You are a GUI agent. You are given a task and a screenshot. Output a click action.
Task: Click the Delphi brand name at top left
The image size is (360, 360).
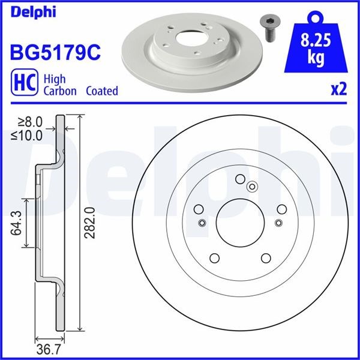33,12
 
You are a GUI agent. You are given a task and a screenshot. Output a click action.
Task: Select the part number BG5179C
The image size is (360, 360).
55,52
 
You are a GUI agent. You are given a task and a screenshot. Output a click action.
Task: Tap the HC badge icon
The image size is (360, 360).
25,82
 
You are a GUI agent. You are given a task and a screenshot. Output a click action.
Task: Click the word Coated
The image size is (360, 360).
102,91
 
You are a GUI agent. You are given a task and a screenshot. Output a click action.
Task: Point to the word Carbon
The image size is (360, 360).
60,91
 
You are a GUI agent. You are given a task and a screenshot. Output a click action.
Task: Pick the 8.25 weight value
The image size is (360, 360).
316,40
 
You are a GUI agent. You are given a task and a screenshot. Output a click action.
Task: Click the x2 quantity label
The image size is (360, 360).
338,89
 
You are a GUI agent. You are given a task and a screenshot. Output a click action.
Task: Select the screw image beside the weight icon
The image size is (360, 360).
269,29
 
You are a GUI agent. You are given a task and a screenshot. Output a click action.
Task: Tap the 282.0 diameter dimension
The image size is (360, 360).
89,223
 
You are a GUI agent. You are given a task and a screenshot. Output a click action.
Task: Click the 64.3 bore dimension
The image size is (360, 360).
16,223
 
